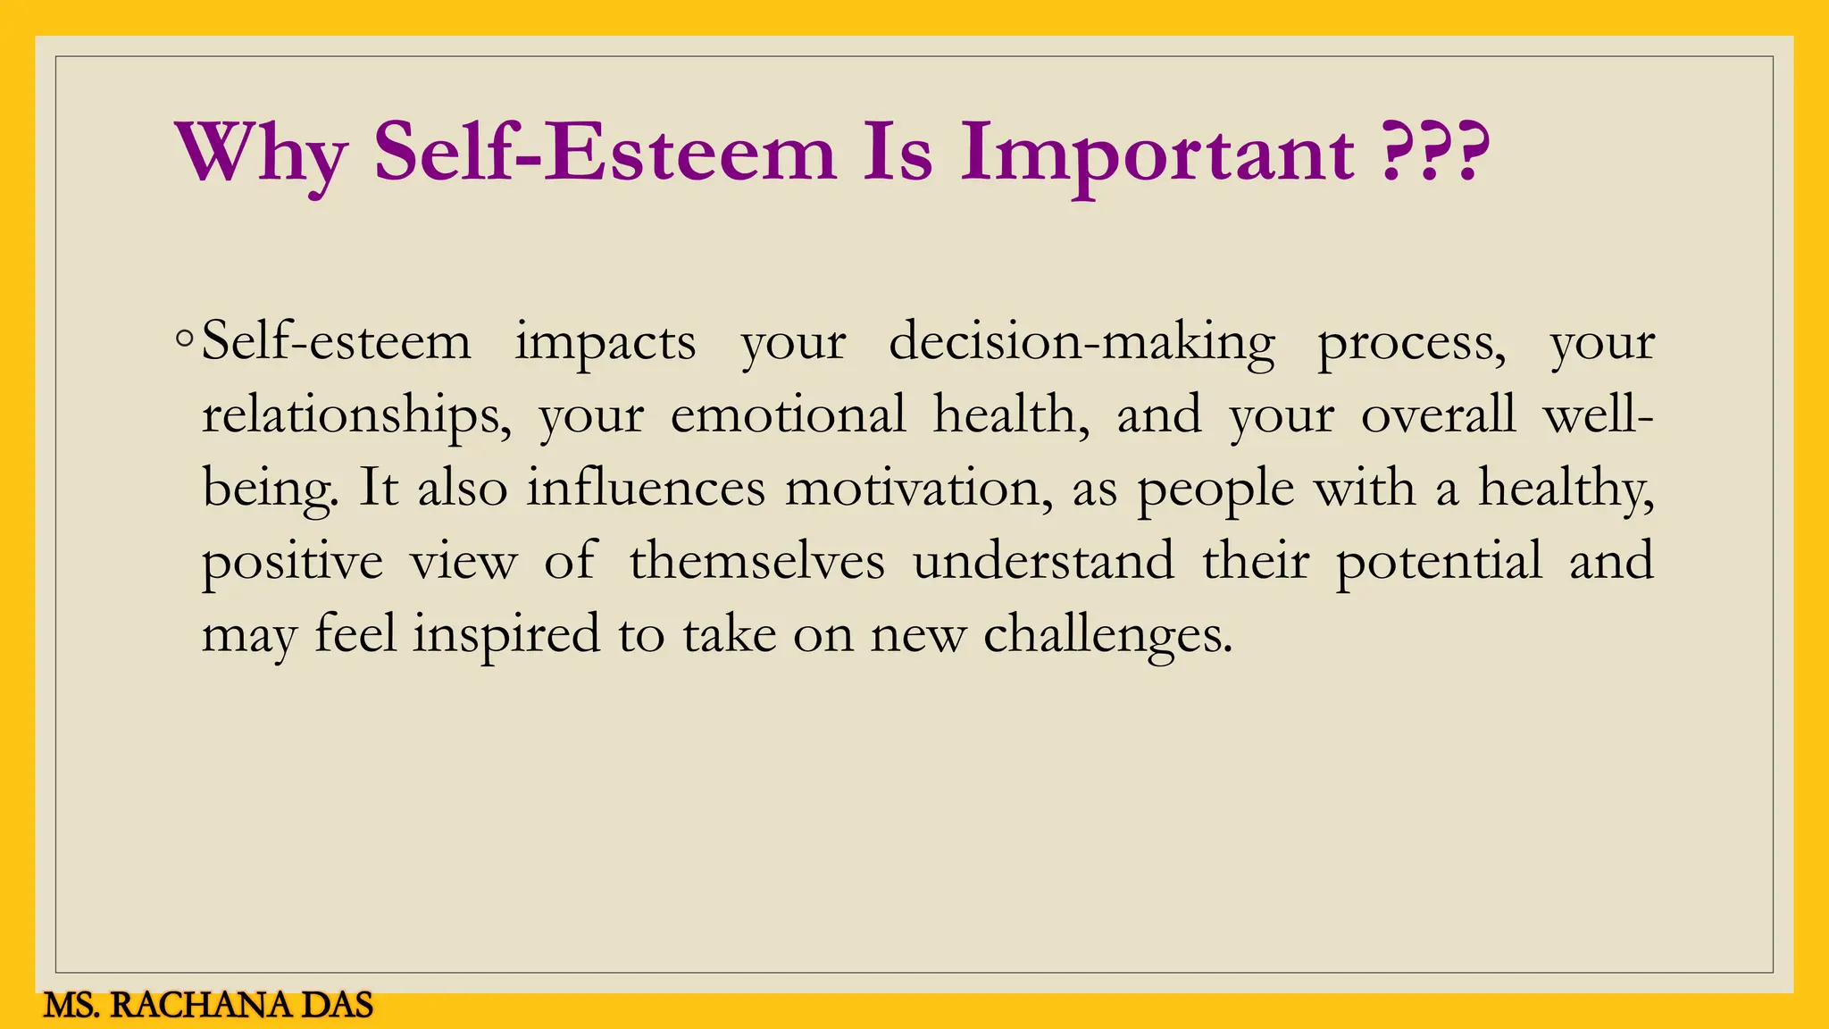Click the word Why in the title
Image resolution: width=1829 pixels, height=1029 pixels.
tap(261, 154)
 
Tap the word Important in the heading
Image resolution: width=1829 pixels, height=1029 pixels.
tap(1157, 154)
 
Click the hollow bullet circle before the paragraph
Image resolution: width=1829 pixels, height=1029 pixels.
tap(184, 339)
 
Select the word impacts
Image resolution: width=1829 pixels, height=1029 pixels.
tap(605, 343)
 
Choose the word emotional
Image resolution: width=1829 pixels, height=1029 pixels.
tap(788, 415)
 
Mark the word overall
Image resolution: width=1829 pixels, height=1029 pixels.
tap(1438, 415)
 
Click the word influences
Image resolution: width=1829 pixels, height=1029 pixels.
tap(646, 489)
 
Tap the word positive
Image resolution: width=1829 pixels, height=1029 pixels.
tap(292, 563)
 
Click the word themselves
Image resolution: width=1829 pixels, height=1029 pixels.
tap(756, 562)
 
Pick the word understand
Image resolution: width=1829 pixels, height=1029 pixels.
tap(1043, 562)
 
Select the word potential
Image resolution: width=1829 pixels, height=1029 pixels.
tap(1439, 563)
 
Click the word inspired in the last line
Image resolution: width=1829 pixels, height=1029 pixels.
tap(506, 636)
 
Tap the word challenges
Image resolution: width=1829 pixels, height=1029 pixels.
tap(1107, 636)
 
